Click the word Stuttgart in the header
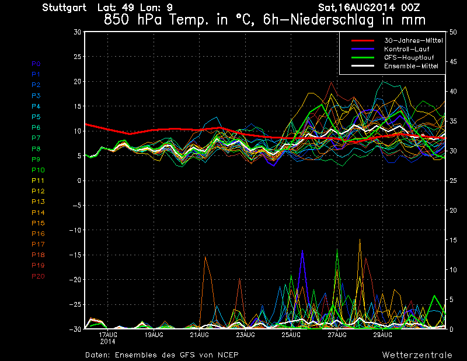(64, 8)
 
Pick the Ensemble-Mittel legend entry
(410, 67)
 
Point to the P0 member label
(36, 64)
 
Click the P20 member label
(38, 276)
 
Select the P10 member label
(38, 170)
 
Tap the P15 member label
(38, 223)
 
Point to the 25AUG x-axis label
(291, 335)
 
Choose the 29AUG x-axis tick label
(382, 335)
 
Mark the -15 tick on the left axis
(75, 255)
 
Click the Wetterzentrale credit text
(417, 355)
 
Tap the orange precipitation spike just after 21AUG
(205, 258)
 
